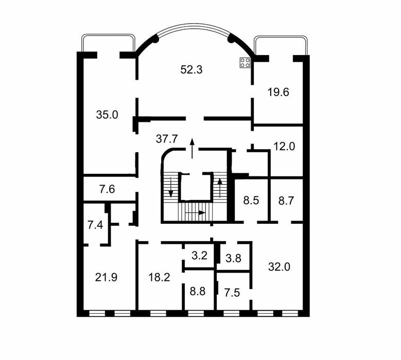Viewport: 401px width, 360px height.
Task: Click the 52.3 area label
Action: [191, 69]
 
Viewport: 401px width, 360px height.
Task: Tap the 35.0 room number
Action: [107, 115]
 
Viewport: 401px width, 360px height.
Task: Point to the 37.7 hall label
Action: [167, 138]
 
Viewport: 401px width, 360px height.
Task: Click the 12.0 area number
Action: [284, 146]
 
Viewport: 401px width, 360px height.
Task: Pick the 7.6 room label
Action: [107, 189]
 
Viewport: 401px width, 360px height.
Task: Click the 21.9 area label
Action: [107, 277]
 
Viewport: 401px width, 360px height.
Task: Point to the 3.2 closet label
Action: [199, 255]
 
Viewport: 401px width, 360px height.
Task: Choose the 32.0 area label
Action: [279, 266]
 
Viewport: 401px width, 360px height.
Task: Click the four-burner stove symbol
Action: [245, 63]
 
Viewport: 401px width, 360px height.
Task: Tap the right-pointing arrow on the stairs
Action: [196, 212]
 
